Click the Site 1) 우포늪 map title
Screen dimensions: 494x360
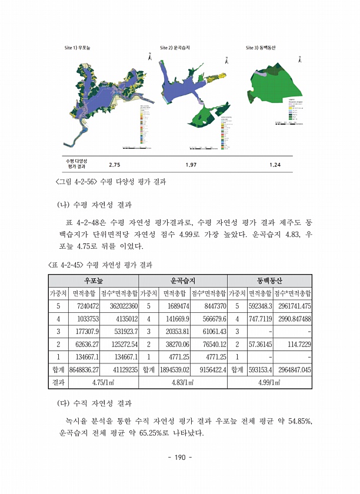tap(77, 47)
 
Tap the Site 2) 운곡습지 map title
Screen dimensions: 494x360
tap(178, 47)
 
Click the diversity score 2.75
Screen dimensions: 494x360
tap(115, 165)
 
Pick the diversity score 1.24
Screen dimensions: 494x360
tap(275, 165)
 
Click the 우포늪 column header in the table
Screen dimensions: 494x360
tap(93, 281)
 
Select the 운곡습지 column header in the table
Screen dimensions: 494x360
tap(182, 281)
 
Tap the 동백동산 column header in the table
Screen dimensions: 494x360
tap(269, 281)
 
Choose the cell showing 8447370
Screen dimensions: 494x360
tap(209, 306)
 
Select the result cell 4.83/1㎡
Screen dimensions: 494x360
tap(182, 382)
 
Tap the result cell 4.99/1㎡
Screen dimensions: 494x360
tap(269, 382)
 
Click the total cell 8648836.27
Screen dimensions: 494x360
tap(84, 370)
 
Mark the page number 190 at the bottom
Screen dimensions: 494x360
tap(180, 457)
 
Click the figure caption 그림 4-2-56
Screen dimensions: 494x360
tap(110, 182)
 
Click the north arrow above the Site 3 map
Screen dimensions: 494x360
tap(299, 58)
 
